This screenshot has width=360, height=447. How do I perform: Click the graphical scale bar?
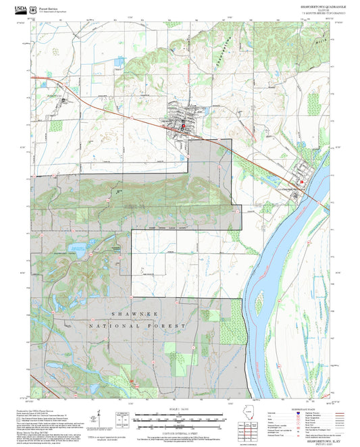(174, 419)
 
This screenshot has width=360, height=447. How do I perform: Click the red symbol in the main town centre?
(182, 123)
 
